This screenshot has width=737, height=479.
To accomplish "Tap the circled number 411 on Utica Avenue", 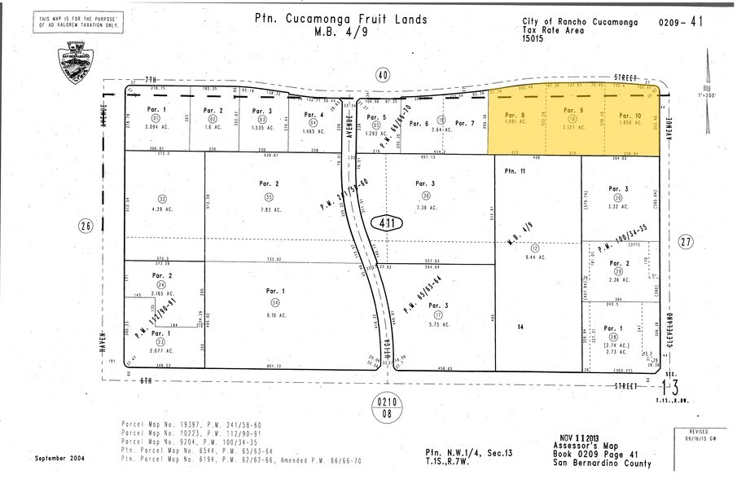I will [388, 222].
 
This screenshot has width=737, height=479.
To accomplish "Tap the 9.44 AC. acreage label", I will [535, 257].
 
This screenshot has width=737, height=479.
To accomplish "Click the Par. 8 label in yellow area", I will [515, 114].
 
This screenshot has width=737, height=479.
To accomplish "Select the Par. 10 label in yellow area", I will [630, 115].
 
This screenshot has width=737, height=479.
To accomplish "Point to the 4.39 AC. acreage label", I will [162, 209].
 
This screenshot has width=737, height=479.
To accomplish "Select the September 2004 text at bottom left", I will [59, 457].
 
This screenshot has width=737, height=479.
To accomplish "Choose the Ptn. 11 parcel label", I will [515, 170].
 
